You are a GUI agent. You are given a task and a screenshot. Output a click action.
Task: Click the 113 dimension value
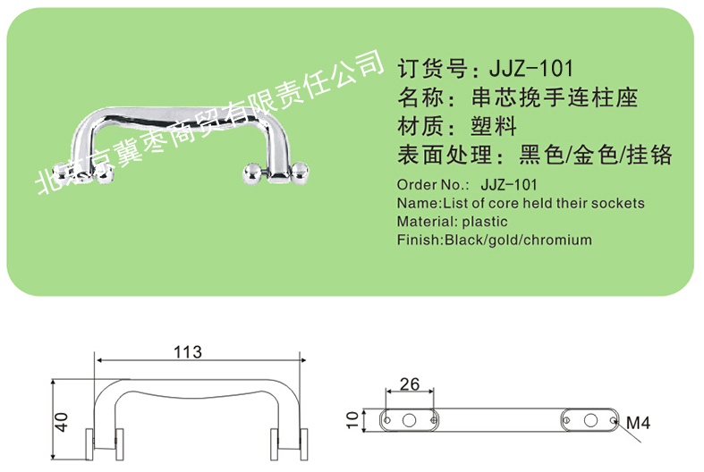click(x=188, y=352)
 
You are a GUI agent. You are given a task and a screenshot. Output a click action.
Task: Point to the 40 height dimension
click(x=61, y=422)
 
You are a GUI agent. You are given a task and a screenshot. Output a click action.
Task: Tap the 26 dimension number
click(x=410, y=384)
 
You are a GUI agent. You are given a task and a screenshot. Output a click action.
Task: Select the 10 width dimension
click(x=353, y=420)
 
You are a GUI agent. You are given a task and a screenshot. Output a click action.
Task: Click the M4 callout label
click(x=638, y=423)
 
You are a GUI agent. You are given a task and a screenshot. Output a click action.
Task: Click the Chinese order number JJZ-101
click(x=530, y=69)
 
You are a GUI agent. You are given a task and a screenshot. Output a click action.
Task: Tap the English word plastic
click(x=485, y=222)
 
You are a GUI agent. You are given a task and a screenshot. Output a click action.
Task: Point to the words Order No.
click(x=433, y=185)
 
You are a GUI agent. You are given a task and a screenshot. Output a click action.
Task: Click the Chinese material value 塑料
click(x=494, y=126)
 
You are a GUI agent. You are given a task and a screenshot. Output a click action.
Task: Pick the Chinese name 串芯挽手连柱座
click(x=555, y=97)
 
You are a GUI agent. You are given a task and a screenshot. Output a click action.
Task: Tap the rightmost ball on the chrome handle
click(x=301, y=173)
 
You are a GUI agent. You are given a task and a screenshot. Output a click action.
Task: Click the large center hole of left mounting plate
click(x=409, y=420)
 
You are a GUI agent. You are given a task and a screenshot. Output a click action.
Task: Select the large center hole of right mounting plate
click(x=590, y=420)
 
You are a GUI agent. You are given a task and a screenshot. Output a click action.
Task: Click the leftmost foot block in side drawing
click(x=89, y=444)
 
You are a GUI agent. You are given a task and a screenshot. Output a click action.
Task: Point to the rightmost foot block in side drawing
click(x=304, y=444)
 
